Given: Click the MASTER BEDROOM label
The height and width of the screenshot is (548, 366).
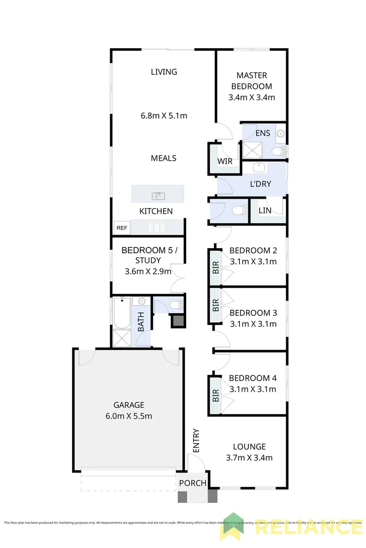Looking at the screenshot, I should pyautogui.click(x=251, y=81).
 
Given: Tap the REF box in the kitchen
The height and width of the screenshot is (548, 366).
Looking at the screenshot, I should pyautogui.click(x=122, y=228).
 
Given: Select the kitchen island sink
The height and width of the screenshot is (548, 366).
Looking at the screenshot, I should pyautogui.click(x=158, y=195).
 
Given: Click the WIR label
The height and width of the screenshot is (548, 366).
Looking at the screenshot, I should pyautogui.click(x=225, y=161).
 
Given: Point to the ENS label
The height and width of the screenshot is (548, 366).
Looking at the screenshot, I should pyautogui.click(x=263, y=134).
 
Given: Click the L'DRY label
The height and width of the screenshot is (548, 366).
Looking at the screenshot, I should pyautogui.click(x=260, y=184).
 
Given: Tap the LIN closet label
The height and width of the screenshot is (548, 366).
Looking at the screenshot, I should pyautogui.click(x=264, y=211).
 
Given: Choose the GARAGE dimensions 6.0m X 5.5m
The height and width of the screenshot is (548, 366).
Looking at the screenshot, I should pyautogui.click(x=129, y=415).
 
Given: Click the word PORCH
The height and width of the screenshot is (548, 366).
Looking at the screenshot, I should pyautogui.click(x=193, y=483).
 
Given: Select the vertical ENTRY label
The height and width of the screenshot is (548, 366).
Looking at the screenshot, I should pyautogui.click(x=196, y=441).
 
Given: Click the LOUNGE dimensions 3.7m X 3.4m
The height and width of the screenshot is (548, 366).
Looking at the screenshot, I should pyautogui.click(x=249, y=458).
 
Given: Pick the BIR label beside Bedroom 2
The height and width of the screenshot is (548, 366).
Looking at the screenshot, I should pyautogui.click(x=215, y=267).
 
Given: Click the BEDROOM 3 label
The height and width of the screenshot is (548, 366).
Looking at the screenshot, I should pyautogui.click(x=253, y=313).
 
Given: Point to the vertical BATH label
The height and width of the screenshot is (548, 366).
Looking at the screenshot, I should pyautogui.click(x=141, y=323).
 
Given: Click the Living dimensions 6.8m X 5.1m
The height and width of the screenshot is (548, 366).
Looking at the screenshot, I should pyautogui.click(x=164, y=116).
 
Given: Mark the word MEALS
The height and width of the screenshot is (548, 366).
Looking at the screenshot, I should pyautogui.click(x=163, y=158).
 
